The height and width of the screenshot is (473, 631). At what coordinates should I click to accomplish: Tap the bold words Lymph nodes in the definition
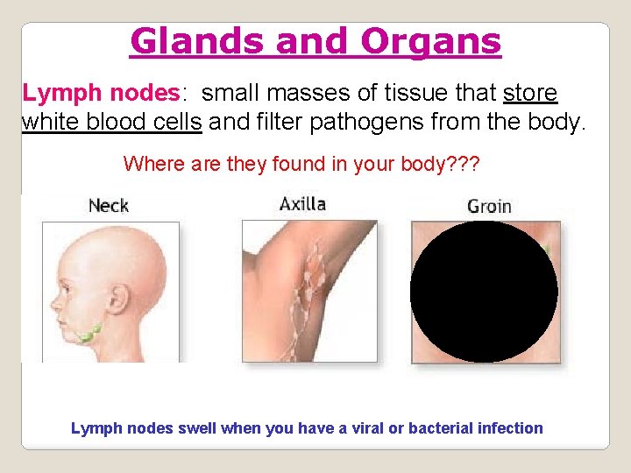pos(101,93)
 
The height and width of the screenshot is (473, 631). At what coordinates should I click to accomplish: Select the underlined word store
pos(530,93)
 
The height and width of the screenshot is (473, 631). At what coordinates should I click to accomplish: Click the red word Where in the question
pos(147,164)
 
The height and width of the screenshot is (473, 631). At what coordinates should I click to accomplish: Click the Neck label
pos(109,206)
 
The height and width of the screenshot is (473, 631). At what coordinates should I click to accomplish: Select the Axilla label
pos(302,205)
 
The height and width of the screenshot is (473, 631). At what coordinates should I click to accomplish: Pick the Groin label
pos(490,207)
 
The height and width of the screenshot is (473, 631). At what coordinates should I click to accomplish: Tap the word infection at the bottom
pos(510,428)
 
